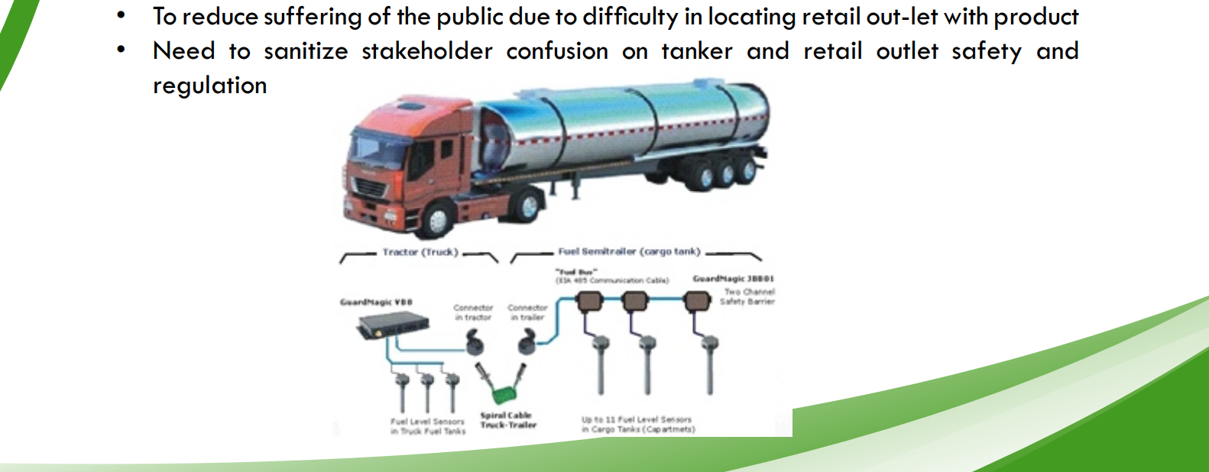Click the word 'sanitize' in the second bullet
[x=306, y=51]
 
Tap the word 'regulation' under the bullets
[x=209, y=86]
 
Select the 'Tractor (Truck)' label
[x=420, y=252]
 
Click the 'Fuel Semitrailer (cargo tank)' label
[x=629, y=251]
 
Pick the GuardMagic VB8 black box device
[x=392, y=326]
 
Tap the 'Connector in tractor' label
[x=473, y=312]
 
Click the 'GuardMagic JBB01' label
[x=733, y=279]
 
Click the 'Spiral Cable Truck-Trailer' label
[x=507, y=420]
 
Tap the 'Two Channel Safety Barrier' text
[x=748, y=296]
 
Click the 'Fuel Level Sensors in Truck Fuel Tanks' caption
[x=427, y=426]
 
